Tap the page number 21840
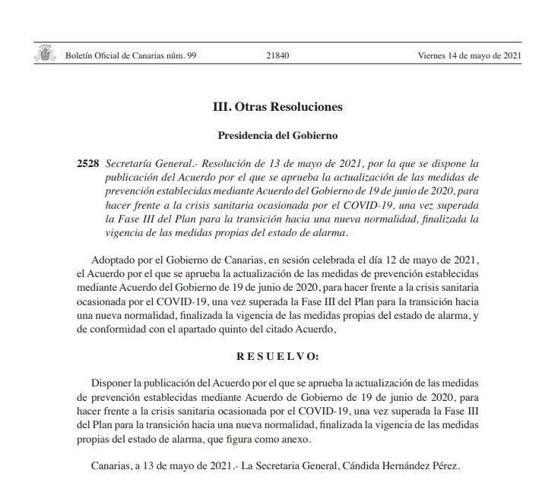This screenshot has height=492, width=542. click(278, 55)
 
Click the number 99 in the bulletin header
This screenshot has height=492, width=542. click(192, 55)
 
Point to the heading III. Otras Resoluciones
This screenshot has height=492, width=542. click(277, 107)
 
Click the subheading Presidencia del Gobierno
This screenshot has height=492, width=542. click(277, 136)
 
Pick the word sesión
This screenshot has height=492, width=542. click(274, 260)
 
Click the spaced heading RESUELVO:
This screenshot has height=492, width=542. click(278, 356)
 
